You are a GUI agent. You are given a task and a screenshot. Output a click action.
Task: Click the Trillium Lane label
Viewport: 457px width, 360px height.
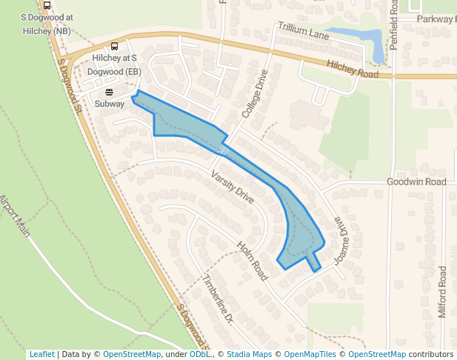tap(303, 30)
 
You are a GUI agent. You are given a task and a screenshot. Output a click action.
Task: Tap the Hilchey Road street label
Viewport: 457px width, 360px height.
tap(353, 69)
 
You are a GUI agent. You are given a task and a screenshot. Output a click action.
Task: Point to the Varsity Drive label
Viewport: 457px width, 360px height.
tap(233, 187)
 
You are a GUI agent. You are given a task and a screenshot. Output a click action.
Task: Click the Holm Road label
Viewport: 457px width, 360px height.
tap(251, 260)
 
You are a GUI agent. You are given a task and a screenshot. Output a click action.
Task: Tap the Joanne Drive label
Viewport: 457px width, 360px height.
tap(341, 241)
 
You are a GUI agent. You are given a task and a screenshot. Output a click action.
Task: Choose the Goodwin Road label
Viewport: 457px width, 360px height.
tap(416, 181)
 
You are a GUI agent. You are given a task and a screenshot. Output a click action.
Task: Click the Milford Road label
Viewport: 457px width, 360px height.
tap(442, 292)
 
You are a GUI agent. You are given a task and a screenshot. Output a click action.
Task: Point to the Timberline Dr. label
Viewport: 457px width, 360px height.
tap(218, 301)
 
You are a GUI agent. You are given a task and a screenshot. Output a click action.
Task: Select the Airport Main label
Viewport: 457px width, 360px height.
tap(15, 215)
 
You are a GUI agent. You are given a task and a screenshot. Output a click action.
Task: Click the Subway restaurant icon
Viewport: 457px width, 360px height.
tap(110, 93)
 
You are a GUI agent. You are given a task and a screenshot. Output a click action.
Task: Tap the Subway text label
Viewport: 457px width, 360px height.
tap(110, 104)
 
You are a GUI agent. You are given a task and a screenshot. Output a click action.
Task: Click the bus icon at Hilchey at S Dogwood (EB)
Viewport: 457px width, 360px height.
tap(114, 45)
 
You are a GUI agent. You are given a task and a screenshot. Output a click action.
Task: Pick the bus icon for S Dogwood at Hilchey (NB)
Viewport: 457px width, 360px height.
tap(47, 5)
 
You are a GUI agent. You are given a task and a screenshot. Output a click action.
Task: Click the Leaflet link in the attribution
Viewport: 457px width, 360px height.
tap(41, 354)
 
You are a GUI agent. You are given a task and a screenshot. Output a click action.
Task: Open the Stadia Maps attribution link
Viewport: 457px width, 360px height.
tap(249, 354)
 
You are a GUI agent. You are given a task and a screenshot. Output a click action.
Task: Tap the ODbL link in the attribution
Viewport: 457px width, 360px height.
tap(200, 354)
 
